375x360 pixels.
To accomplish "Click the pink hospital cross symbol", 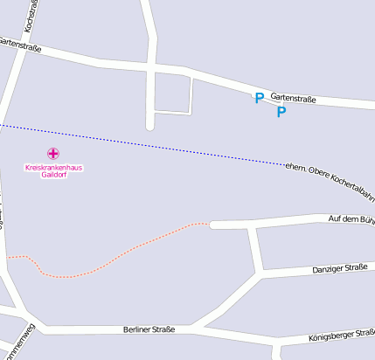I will pos(52,153).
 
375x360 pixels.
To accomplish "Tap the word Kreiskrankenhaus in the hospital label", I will pos(53,167).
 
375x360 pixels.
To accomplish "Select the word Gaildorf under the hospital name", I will pos(53,174).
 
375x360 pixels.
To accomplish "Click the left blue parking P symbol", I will pos(258,99).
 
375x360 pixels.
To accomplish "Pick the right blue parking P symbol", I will pos(281,112).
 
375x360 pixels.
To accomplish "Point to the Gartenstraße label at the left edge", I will pos(20,43).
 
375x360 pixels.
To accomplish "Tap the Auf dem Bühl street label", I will pos(351,218).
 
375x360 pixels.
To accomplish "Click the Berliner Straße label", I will pos(149,329).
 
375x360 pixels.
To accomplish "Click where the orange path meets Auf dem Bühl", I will pos(211,224).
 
